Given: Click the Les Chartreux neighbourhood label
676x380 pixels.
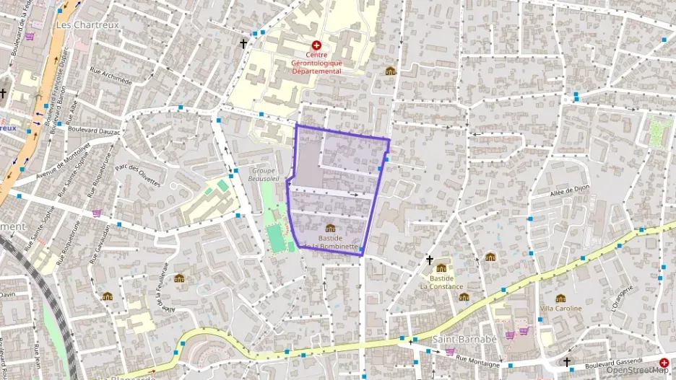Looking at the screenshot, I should point(87,25).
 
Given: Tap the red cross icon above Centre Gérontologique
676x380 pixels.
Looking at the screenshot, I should point(316,45).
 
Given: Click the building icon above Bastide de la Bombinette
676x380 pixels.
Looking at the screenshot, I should point(330,228).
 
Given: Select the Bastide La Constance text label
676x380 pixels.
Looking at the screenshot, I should point(441,281).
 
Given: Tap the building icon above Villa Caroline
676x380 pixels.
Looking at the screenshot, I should point(560,298).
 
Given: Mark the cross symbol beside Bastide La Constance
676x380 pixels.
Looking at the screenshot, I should point(430,260).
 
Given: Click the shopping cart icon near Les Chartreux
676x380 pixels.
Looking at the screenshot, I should point(30,36).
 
